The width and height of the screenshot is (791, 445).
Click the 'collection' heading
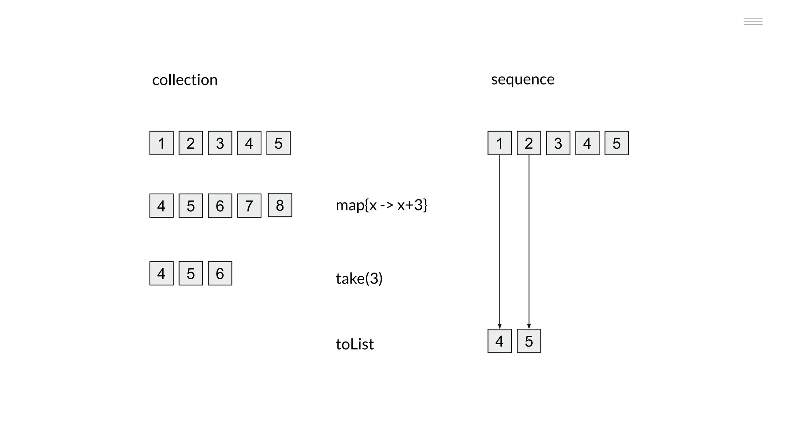pyautogui.click(x=185, y=80)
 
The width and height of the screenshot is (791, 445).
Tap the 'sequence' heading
pyautogui.click(x=523, y=79)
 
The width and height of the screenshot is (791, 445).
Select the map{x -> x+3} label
pyautogui.click(x=381, y=205)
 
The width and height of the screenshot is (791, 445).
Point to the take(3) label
pyautogui.click(x=359, y=278)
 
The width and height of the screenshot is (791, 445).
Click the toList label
pyautogui.click(x=355, y=344)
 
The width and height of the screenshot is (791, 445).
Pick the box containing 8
pyautogui.click(x=280, y=205)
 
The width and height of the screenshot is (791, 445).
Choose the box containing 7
pyautogui.click(x=249, y=206)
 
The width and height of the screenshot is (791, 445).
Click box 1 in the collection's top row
pyautogui.click(x=161, y=143)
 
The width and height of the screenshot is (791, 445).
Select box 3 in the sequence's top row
pyautogui.click(x=558, y=143)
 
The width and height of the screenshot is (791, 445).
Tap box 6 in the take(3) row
pyautogui.click(x=220, y=273)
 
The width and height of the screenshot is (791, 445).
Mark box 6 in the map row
pyautogui.click(x=220, y=206)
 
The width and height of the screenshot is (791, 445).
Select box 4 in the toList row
pyautogui.click(x=500, y=341)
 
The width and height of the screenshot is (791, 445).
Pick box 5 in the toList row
pyautogui.click(x=529, y=341)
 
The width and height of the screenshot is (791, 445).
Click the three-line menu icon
pyautogui.click(x=753, y=22)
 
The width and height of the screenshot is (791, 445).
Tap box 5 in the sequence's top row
pyautogui.click(x=616, y=143)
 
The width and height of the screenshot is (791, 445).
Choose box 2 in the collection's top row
pyautogui.click(x=191, y=143)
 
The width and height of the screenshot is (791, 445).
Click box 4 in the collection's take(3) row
pyautogui.click(x=161, y=273)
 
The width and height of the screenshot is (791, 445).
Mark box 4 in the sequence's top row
pyautogui.click(x=587, y=143)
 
